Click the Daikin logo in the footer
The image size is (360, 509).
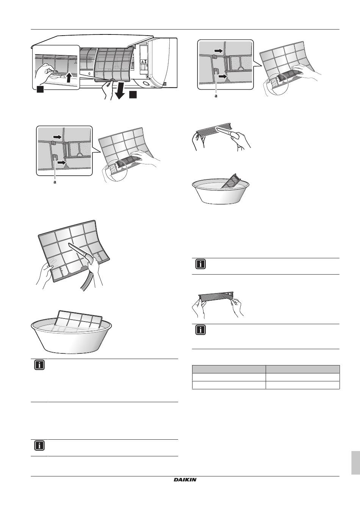[185, 480]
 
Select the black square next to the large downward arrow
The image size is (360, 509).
[133, 95]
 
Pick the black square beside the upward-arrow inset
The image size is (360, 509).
[40, 89]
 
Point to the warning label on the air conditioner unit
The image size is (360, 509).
[143, 62]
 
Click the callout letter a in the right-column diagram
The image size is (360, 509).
[216, 97]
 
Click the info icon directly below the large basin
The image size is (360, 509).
[39, 365]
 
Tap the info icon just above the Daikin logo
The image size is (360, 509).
[39, 445]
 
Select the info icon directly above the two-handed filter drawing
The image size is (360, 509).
[201, 264]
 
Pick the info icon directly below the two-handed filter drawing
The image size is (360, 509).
[201, 330]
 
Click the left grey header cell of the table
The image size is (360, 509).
[229, 369]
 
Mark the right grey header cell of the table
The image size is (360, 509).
[302, 369]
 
